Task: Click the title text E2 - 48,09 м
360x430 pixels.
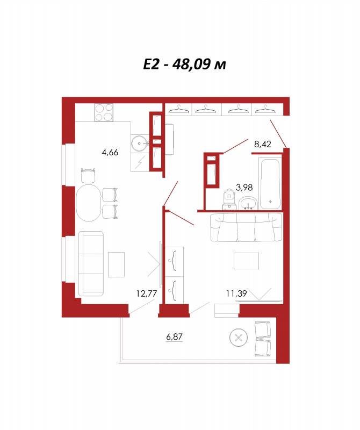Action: (184, 64)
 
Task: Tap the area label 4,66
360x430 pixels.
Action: (110, 152)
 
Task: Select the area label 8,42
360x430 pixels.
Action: (262, 144)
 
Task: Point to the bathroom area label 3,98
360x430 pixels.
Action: (244, 188)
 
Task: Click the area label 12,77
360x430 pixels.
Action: (146, 293)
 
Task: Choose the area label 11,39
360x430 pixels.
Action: (236, 293)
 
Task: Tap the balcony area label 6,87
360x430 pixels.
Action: (175, 336)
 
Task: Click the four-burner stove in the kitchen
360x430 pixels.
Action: (104, 112)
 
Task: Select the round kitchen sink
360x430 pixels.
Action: (140, 143)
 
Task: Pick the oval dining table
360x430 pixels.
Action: (88, 203)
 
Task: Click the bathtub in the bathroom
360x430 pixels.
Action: (270, 184)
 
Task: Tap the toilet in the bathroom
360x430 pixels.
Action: (229, 199)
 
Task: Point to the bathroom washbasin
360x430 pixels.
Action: (248, 204)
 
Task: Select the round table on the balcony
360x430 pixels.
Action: (238, 338)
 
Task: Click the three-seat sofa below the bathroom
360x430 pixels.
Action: (246, 227)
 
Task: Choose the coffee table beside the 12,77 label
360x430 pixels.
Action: (116, 264)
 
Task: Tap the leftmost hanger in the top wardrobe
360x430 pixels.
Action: (179, 109)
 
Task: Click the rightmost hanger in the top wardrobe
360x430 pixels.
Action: (265, 109)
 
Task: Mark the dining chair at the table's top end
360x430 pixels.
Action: (88, 176)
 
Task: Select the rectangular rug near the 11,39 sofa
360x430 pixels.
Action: (246, 261)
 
